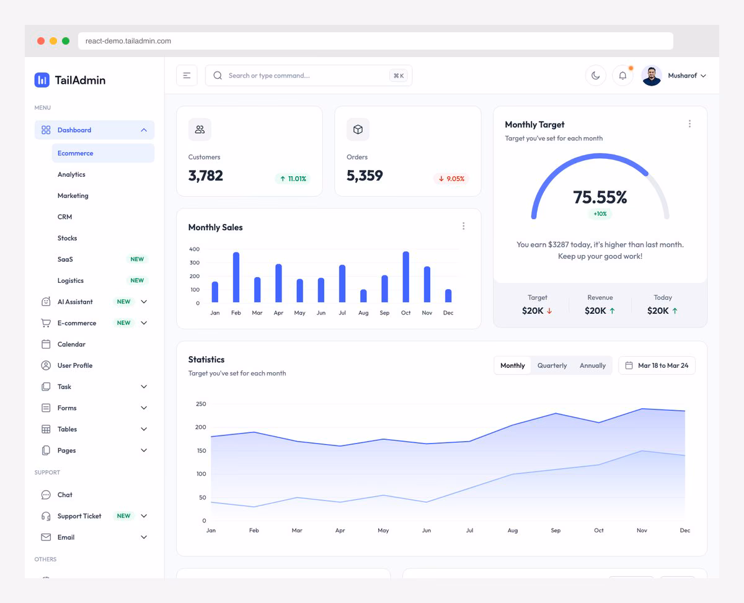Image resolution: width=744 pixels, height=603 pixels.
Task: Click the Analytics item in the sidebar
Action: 71,174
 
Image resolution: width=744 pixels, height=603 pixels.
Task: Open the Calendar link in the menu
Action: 71,344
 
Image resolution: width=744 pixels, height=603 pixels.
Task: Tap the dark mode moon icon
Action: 595,76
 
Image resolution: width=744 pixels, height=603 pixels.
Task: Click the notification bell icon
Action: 622,76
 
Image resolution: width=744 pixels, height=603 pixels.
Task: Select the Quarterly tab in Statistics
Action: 552,365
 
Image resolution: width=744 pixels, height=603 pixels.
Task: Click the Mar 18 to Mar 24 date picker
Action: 657,365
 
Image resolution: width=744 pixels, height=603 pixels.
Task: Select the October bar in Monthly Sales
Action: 405,277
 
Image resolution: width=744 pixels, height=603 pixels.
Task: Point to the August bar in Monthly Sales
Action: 363,296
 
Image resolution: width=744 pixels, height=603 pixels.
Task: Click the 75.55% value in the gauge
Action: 600,197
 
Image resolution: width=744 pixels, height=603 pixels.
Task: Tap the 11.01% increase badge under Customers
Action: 293,179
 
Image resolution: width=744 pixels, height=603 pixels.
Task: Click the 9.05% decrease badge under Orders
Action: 451,179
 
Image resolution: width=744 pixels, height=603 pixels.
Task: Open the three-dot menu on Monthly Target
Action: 689,124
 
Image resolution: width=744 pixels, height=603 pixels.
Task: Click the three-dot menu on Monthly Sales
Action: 463,226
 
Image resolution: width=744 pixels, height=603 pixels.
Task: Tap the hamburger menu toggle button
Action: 187,76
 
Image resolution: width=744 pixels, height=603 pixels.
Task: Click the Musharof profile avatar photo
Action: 652,76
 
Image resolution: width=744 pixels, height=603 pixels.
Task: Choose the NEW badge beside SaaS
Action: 137,259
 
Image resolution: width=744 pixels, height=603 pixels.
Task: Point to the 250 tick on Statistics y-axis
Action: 200,404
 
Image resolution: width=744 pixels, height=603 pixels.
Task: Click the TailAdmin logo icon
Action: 42,79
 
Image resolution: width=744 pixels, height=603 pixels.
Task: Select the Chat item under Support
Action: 64,495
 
